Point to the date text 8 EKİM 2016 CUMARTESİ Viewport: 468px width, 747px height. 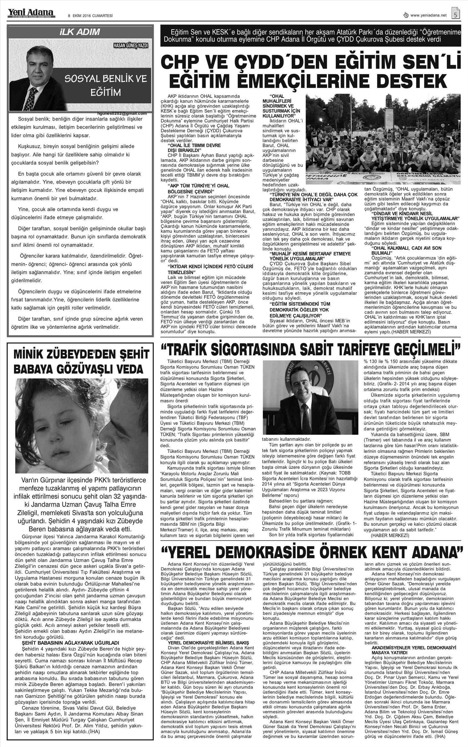click(x=86, y=15)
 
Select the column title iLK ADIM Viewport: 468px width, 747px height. click(x=80, y=32)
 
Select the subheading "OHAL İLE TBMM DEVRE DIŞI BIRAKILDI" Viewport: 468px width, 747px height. click(x=194, y=148)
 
